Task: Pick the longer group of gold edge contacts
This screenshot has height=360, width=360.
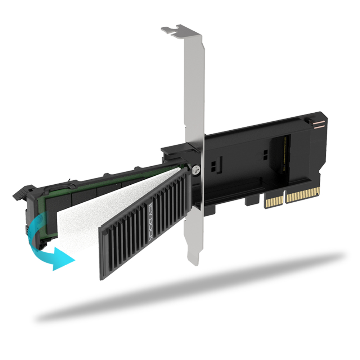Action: click(303, 195)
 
